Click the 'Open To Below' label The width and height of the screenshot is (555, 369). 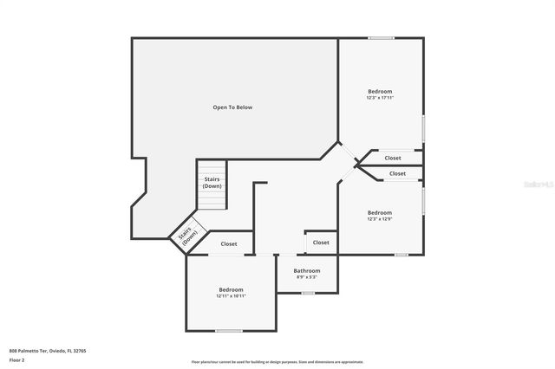232,107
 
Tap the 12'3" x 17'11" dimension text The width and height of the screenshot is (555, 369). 380,98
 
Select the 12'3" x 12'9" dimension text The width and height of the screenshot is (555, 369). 380,219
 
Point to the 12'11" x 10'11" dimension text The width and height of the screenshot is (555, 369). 231,296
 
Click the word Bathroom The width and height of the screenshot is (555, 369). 306,271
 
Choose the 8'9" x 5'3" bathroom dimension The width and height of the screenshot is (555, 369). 306,277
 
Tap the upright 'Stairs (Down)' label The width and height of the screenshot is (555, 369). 212,183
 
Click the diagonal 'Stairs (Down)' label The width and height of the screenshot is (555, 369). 186,236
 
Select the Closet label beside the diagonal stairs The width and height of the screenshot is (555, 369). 229,244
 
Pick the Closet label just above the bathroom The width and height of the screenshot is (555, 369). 321,243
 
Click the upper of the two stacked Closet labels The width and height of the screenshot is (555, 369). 393,159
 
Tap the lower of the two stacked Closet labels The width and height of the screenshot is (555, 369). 397,174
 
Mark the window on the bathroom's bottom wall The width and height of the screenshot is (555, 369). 308,293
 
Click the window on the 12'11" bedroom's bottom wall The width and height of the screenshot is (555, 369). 229,331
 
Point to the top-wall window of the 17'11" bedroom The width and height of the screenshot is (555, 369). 381,37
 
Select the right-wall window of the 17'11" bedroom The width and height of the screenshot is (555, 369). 423,128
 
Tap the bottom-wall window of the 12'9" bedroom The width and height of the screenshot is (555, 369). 402,255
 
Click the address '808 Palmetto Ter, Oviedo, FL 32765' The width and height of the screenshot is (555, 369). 48,351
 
